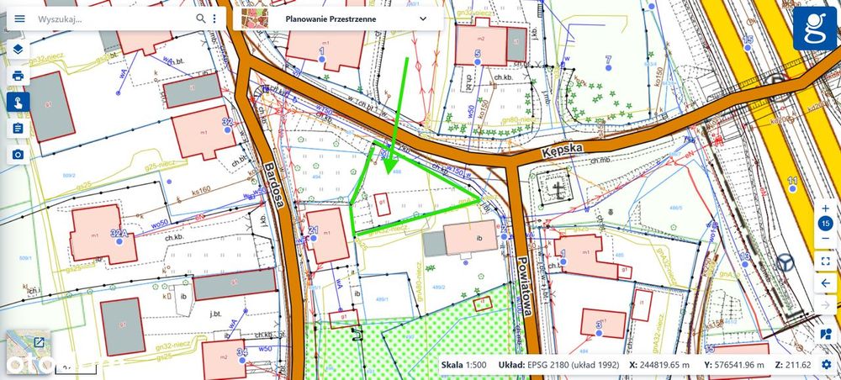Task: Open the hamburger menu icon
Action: click(20, 18)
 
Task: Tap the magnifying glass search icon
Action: click(201, 18)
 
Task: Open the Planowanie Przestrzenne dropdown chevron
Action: click(423, 18)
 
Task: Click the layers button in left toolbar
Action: click(18, 49)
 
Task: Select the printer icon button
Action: click(18, 76)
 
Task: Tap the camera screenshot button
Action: click(18, 155)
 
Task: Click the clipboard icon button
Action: click(18, 129)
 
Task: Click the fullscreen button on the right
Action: click(825, 261)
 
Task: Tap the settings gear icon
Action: click(827, 365)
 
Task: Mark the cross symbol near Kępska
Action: click(558, 189)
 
